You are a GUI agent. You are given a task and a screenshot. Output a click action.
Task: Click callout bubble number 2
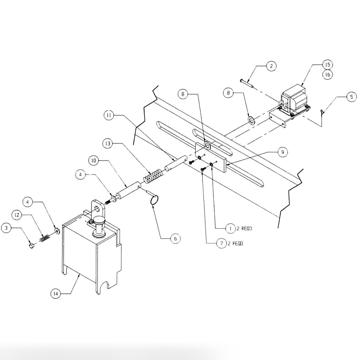[x=271, y=66]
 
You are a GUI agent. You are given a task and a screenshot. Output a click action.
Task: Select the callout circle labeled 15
[x=327, y=64]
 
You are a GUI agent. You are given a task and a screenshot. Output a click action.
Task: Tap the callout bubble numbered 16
[x=327, y=75]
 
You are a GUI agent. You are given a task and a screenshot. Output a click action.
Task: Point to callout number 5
[x=351, y=97]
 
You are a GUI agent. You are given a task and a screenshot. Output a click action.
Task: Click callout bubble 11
[x=109, y=115]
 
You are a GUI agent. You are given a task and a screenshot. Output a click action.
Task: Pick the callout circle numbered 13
[x=108, y=144]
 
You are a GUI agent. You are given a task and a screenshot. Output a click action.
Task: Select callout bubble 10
[x=94, y=161]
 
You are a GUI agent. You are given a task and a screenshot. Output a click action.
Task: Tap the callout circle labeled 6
[x=175, y=238]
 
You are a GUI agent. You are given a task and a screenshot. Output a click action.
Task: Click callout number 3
[x=6, y=228]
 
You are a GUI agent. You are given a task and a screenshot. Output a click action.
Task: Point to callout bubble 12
[x=17, y=215]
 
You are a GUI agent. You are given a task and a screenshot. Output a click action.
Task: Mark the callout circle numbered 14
[x=56, y=294]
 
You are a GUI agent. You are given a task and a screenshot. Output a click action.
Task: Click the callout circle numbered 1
[x=230, y=228]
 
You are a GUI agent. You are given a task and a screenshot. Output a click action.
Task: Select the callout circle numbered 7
[x=221, y=244]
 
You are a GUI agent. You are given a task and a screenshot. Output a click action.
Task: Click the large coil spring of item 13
[x=152, y=176]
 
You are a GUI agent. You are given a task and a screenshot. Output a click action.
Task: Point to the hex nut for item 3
[x=32, y=246]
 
